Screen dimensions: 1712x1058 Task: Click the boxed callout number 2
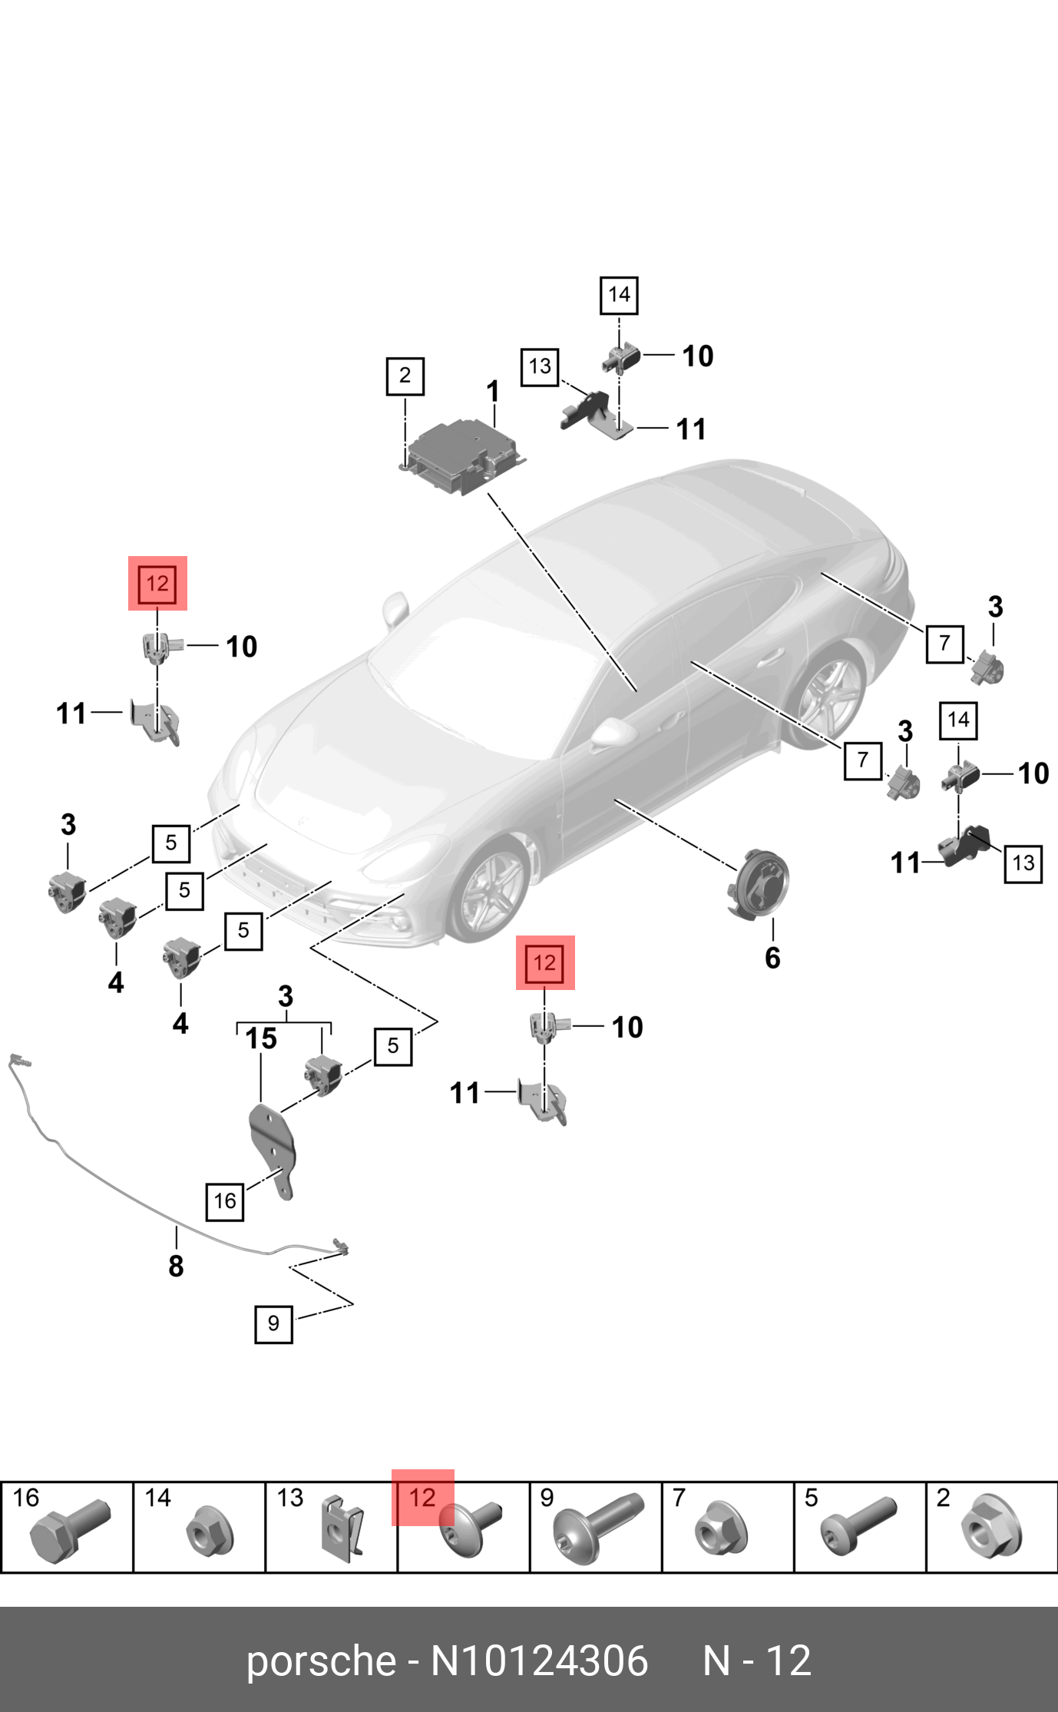(x=405, y=376)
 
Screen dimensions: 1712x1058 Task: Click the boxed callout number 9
(x=273, y=1323)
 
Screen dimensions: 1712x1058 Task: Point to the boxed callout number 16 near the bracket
(x=224, y=1200)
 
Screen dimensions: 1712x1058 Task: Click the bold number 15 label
(x=261, y=1038)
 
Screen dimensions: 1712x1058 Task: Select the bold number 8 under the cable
(x=176, y=1265)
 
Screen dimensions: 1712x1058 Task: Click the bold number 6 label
(x=772, y=958)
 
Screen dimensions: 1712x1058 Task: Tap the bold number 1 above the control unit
(x=493, y=392)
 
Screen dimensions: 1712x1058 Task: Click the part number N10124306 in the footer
(x=539, y=1661)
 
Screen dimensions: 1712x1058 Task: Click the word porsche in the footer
(x=320, y=1661)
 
